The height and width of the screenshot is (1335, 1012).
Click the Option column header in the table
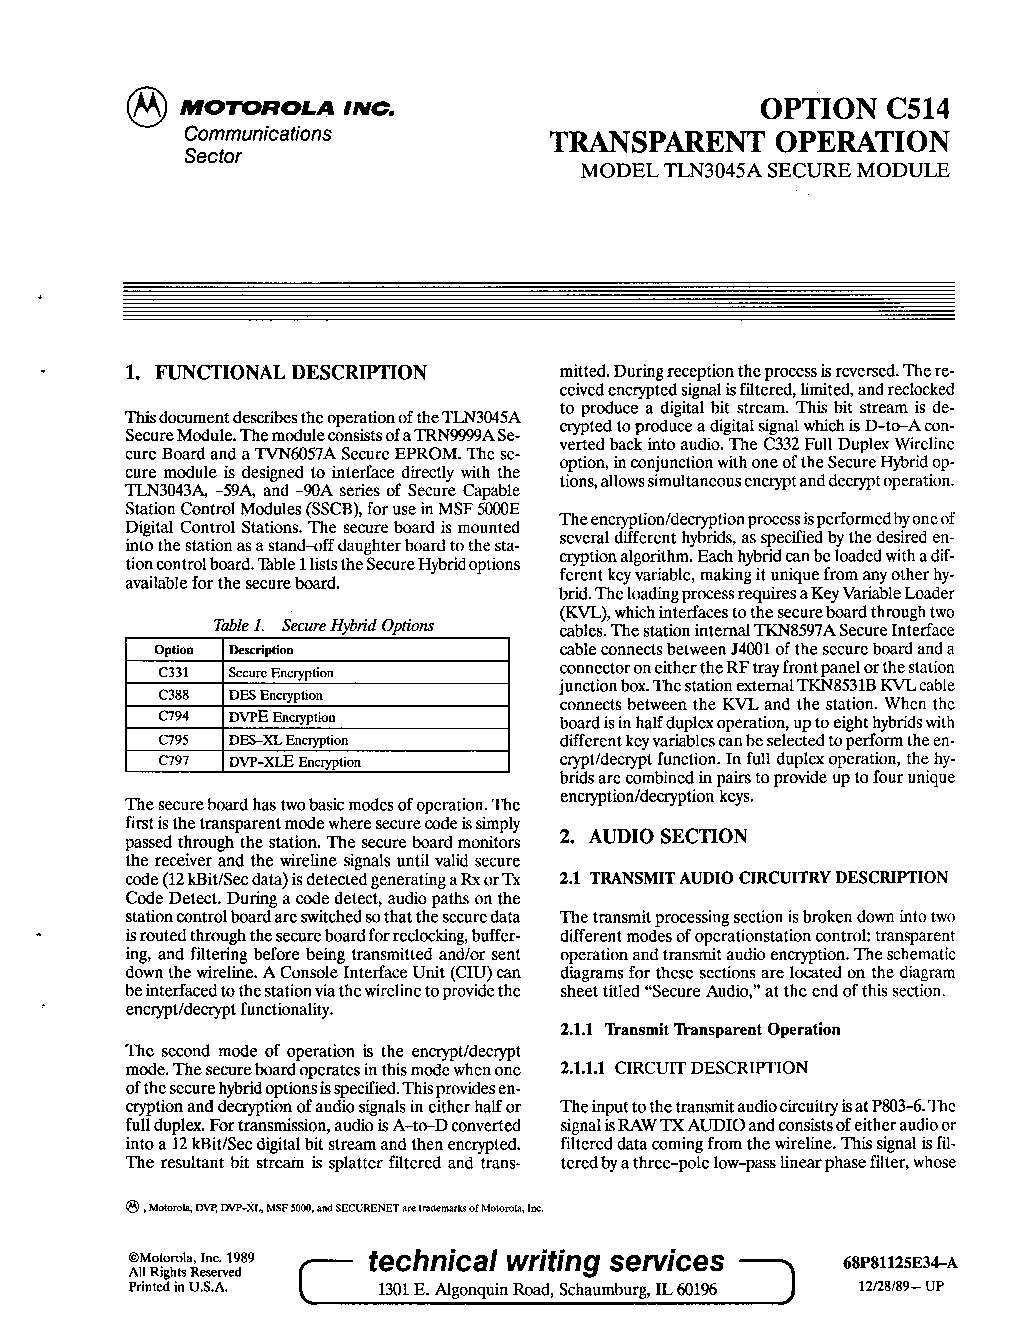pyautogui.click(x=174, y=650)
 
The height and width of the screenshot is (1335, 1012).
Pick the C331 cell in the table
pyautogui.click(x=174, y=672)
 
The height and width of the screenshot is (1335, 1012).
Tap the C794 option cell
pyautogui.click(x=174, y=717)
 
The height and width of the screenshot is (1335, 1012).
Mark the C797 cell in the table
pyautogui.click(x=174, y=762)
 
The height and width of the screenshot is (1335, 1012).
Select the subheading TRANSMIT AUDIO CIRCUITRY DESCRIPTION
pyautogui.click(x=768, y=878)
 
